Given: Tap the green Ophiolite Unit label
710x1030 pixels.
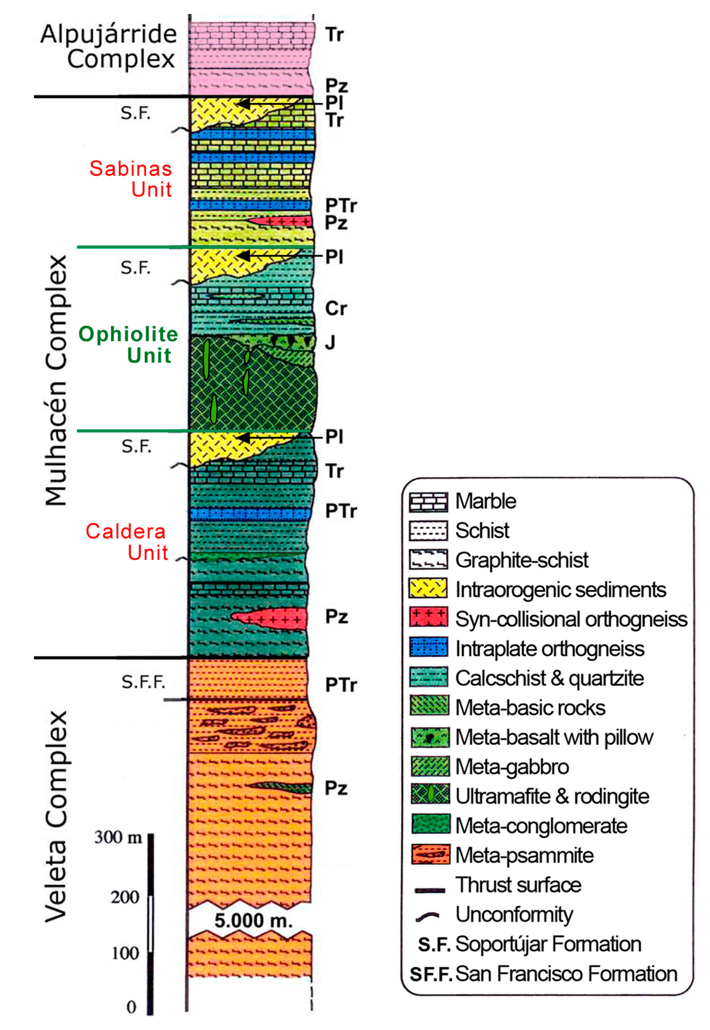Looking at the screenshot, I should pyautogui.click(x=129, y=345).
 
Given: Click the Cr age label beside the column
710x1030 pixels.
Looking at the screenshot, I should pyautogui.click(x=335, y=309).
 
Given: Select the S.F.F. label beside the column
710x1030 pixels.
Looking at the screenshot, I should pyautogui.click(x=143, y=682).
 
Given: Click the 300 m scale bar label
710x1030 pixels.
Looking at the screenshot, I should pyautogui.click(x=118, y=837).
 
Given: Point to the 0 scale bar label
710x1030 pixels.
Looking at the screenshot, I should pyautogui.click(x=131, y=1007).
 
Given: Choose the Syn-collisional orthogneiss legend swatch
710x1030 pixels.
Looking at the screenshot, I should pyautogui.click(x=428, y=618).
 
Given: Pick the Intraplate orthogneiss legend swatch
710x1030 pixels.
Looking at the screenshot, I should pyautogui.click(x=428, y=648).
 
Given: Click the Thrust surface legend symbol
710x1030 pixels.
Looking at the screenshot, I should pyautogui.click(x=429, y=890).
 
